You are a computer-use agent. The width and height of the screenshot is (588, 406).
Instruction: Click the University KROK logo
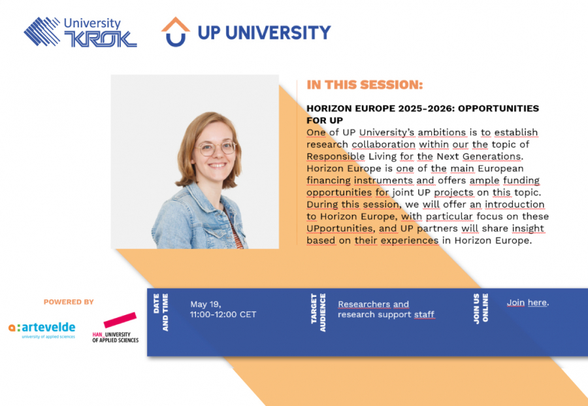80,32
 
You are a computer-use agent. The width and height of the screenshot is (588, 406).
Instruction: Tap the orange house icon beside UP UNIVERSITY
176,24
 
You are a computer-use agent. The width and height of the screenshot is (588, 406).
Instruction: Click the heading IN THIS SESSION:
365,84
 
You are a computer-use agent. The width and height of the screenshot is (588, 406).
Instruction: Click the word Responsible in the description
336,156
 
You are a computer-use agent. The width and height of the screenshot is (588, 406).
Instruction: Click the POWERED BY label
69,302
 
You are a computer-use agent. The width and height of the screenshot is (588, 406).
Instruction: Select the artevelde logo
42,330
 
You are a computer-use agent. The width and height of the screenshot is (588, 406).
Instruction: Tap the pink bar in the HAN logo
120,320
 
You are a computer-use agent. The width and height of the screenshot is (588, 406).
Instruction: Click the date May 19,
206,304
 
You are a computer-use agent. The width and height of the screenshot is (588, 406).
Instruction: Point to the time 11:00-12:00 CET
223,314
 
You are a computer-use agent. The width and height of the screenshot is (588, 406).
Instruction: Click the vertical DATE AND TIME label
161,313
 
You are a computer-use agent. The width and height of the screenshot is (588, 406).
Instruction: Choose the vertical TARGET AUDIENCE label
318,313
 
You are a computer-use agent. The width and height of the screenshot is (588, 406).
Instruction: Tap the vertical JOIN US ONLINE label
480,309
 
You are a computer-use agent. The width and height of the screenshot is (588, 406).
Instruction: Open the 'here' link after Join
537,303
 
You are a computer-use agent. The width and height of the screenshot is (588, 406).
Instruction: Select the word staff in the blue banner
424,314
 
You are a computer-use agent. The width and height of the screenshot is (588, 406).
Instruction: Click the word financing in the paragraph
329,180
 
